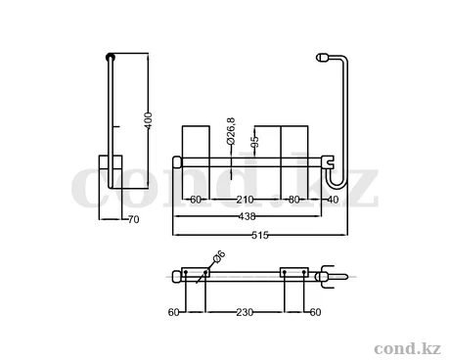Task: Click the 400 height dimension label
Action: [x=148, y=120]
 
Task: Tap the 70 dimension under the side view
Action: [x=134, y=219]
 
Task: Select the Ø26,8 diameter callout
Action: [x=231, y=131]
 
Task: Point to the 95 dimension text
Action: [x=255, y=142]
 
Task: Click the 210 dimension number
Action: [x=245, y=200]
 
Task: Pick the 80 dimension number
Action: [x=294, y=200]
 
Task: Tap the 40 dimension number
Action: [x=333, y=200]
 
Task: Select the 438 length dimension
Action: [x=247, y=216]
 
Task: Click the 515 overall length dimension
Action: [x=260, y=235]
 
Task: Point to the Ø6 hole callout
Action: [x=219, y=256]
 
